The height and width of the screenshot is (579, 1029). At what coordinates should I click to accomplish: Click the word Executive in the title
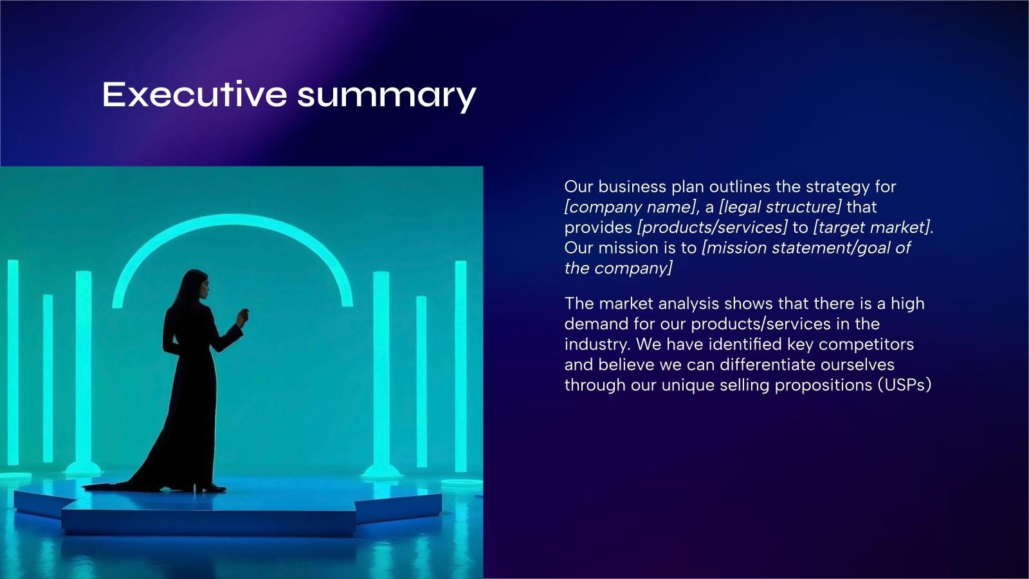194,95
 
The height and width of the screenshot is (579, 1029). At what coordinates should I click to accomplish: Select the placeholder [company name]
630,207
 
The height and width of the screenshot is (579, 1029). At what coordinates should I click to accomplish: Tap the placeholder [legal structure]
779,207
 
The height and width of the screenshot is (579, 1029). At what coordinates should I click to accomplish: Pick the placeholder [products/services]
712,228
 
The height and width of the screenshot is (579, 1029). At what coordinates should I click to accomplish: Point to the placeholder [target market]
871,228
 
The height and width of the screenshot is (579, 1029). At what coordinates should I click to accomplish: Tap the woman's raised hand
242,317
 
